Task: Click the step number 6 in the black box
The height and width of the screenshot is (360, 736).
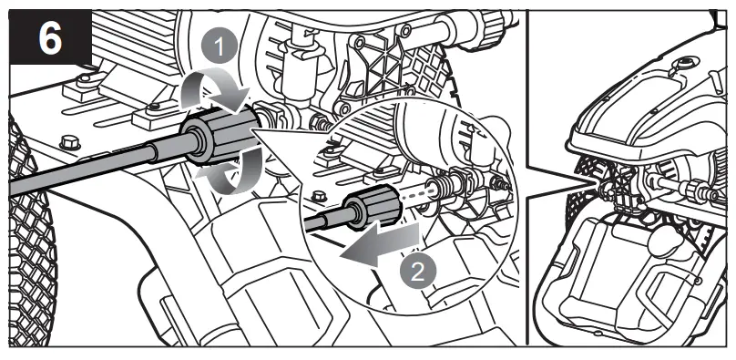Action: [x=50, y=39]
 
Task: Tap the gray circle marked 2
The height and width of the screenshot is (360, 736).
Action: [x=418, y=272]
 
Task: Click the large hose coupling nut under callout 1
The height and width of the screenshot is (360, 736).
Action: [x=221, y=134]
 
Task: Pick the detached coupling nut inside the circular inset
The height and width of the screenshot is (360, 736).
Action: [x=373, y=208]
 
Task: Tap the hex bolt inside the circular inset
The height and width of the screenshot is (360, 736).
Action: [x=319, y=194]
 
